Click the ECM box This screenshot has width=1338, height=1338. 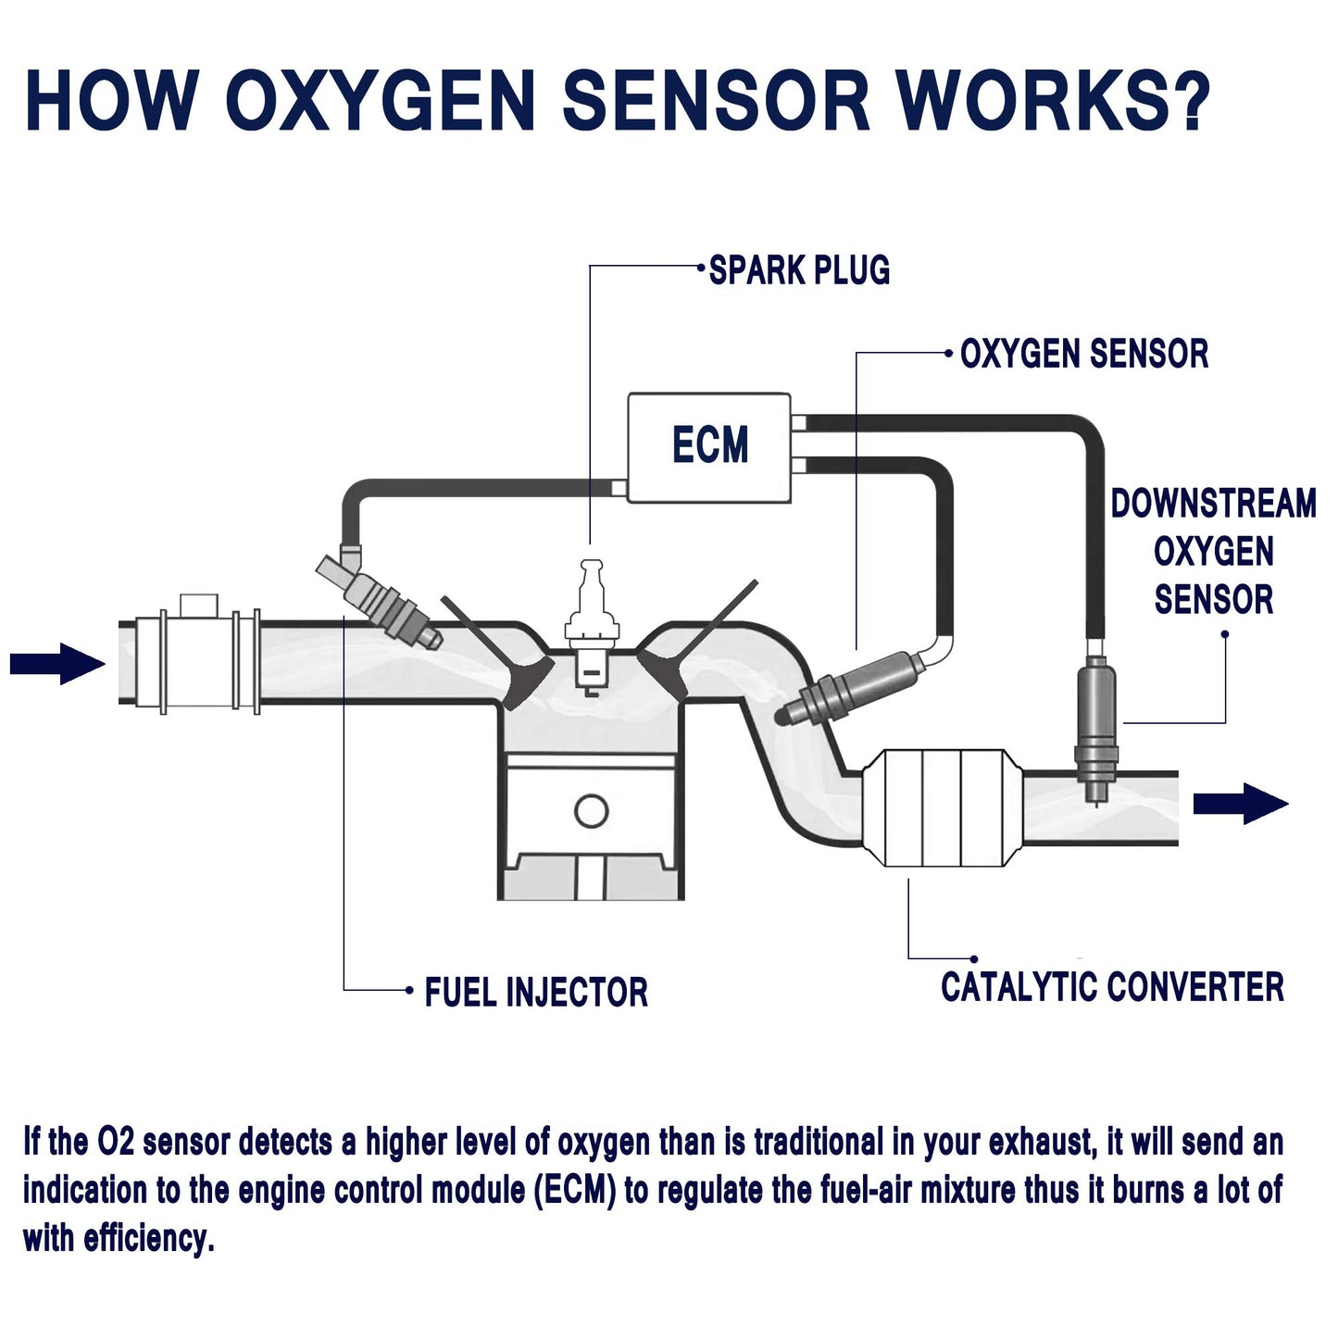click(709, 447)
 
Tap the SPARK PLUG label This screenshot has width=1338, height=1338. click(799, 270)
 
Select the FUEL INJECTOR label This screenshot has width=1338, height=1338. click(535, 992)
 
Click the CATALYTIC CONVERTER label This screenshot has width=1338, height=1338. click(1112, 987)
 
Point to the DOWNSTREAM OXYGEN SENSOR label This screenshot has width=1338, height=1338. click(1213, 551)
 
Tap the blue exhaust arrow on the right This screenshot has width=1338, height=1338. click(1240, 803)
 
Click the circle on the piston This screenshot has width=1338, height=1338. click(591, 811)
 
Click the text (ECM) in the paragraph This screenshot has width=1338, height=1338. click(575, 1190)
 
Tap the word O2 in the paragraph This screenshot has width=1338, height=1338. click(116, 1143)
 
